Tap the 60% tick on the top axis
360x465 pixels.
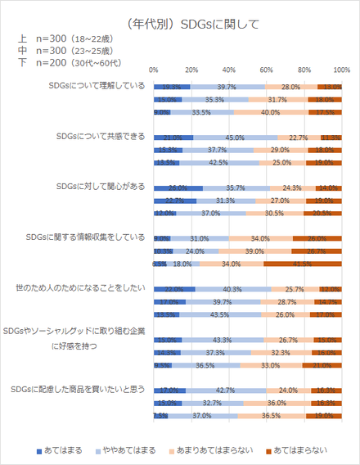tap(267, 70)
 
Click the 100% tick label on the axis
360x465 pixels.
tap(342, 70)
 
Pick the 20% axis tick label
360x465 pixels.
tap(191, 70)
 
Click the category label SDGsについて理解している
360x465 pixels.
tap(96, 85)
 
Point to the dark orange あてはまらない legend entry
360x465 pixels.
tap(300, 450)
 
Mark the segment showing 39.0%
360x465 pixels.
tap(254, 251)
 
